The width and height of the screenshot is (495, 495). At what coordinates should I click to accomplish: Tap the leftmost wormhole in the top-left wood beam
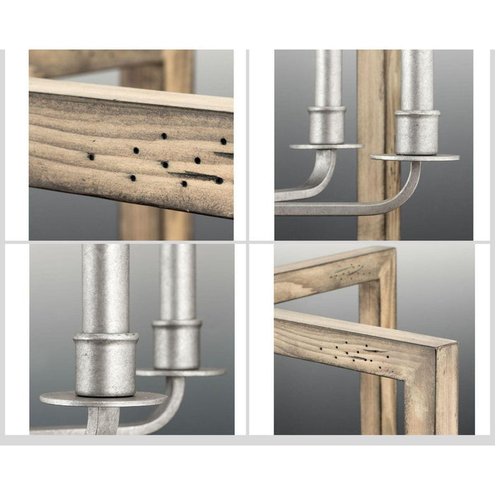(91, 156)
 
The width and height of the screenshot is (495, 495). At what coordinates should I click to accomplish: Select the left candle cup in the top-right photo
(327, 126)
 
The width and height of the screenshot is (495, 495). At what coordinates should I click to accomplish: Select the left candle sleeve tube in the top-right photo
(327, 78)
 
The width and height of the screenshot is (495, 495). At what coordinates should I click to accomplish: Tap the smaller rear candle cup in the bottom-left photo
(177, 344)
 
